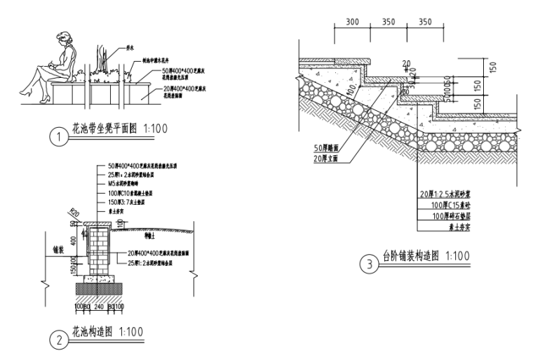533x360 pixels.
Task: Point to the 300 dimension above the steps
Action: click(x=353, y=22)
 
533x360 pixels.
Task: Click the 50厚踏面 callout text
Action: click(x=328, y=149)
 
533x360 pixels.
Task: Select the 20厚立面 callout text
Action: click(x=328, y=159)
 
